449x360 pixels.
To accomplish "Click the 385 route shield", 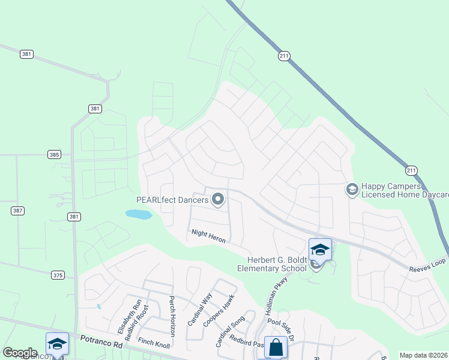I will (x=55, y=154).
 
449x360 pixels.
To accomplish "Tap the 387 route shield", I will (x=17, y=211).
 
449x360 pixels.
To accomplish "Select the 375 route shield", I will (x=57, y=275).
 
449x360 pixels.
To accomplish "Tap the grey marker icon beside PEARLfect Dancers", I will (x=218, y=199).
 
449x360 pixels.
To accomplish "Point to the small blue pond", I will (x=139, y=214).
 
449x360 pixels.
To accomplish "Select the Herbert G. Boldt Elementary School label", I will (x=277, y=264).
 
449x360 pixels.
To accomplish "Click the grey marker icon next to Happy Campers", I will (x=352, y=190).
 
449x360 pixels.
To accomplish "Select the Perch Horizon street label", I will (x=172, y=316).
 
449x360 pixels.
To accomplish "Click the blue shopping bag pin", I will (x=276, y=347).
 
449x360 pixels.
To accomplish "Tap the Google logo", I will (x=20, y=353).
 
